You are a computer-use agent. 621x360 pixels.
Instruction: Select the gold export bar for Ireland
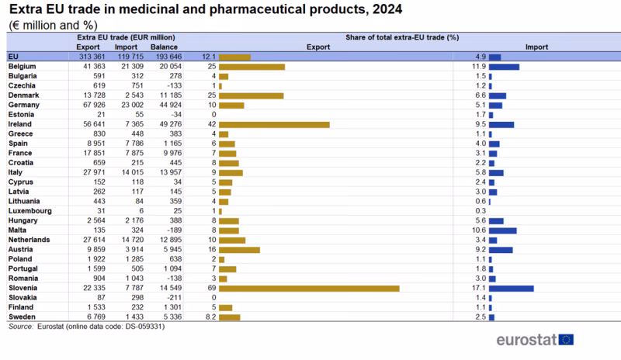tap(274, 124)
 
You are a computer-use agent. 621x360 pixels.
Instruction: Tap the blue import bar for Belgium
tap(504, 67)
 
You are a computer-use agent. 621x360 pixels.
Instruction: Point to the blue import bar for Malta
tap(502, 230)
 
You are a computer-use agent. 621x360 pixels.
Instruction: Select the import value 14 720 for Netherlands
tap(131, 240)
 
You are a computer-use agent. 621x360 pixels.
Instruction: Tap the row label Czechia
tap(23, 85)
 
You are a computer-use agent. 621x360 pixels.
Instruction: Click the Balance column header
tap(164, 47)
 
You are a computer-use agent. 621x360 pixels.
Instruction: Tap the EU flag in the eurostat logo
tap(566, 339)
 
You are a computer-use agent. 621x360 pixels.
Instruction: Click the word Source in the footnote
tap(19, 327)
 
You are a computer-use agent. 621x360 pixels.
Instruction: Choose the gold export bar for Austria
tap(239, 250)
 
